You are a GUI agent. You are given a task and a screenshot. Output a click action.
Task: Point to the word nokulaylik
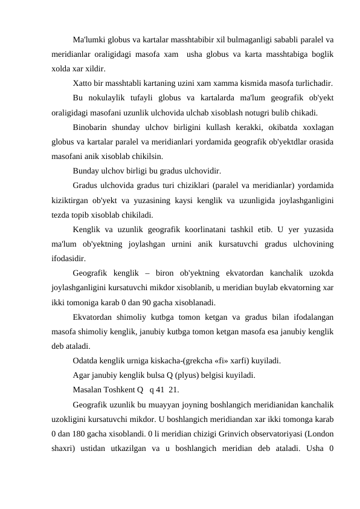pyautogui.click(x=110, y=97)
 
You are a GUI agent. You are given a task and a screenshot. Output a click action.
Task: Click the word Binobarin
pyautogui.click(x=92, y=128)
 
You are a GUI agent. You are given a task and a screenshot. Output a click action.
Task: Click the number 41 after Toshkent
pyautogui.click(x=162, y=390)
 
